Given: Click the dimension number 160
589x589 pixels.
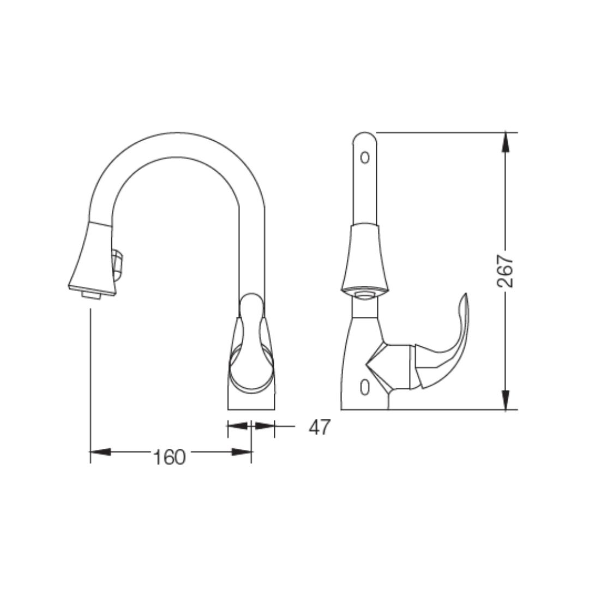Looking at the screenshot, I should coord(169,457).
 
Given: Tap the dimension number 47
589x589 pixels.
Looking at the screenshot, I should coord(319,428).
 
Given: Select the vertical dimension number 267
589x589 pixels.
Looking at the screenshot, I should coord(506,271).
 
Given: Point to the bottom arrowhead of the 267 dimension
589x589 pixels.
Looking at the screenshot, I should coord(506,400).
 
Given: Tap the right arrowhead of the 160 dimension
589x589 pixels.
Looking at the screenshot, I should coord(242,452).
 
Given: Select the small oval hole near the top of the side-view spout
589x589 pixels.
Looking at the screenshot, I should coord(365,158).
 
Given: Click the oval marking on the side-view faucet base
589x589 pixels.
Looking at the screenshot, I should coord(365,387).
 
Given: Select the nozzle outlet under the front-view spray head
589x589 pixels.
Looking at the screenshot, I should coord(91,295).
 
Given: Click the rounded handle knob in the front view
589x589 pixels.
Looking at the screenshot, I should coord(251,305).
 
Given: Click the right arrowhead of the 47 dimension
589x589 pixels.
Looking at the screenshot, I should coord(264,425).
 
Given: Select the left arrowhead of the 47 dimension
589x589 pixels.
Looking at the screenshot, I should coord(238,425).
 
